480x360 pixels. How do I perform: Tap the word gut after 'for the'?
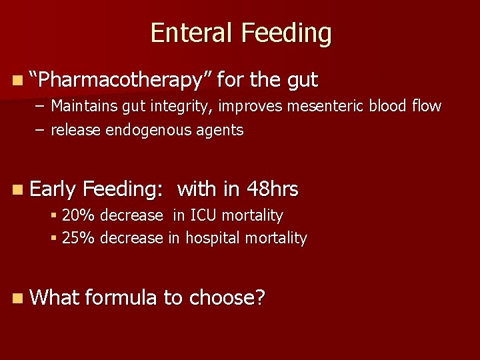(x=303, y=81)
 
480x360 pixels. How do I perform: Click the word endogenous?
(x=151, y=130)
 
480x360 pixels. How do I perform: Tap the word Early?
(x=54, y=190)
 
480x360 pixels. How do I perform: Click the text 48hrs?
(x=272, y=189)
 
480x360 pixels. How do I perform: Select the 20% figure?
(x=75, y=215)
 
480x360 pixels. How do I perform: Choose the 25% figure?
(x=75, y=238)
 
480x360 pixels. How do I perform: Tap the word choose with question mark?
(x=227, y=298)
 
